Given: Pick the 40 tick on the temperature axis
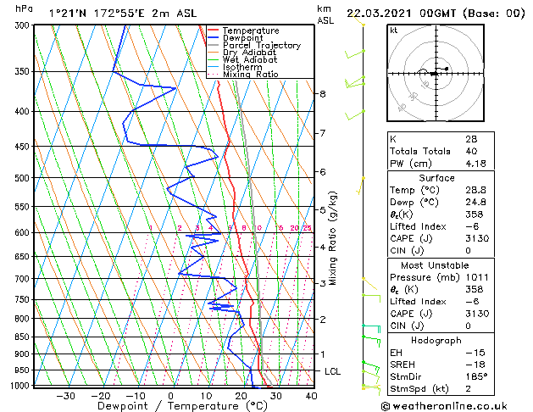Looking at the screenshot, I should [x=311, y=395].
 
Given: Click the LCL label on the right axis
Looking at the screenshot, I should [x=333, y=371].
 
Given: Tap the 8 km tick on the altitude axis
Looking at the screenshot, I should [x=322, y=93].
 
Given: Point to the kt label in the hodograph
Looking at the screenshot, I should [x=393, y=31].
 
